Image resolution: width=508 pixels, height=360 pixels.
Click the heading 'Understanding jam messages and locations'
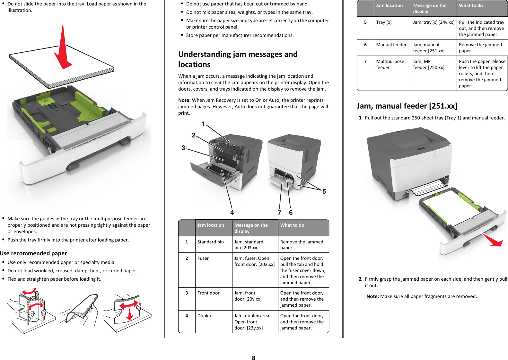point(238,59)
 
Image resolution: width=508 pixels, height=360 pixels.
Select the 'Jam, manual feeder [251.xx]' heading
point(407,106)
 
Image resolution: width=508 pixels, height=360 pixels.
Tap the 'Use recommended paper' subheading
point(33,253)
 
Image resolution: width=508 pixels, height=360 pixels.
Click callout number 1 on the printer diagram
point(203,124)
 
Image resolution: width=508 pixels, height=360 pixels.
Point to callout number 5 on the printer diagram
point(324,191)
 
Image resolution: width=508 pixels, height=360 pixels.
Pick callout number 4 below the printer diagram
point(232,213)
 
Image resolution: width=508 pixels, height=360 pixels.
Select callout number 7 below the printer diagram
point(279,213)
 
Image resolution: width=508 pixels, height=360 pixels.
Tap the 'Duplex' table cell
point(205,316)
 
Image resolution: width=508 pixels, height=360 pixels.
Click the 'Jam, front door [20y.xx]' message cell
point(248,296)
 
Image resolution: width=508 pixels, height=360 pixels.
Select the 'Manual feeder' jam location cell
point(391,45)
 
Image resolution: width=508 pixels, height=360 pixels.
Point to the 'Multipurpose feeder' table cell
point(390,64)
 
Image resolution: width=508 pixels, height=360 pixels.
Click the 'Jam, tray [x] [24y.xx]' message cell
point(434,22)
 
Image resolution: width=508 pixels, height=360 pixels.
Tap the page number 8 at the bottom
point(253,358)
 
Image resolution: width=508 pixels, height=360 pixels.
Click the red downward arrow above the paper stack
point(64,48)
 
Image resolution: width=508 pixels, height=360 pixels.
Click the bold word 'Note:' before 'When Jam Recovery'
point(184,100)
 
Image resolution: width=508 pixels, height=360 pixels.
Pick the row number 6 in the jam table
point(365,45)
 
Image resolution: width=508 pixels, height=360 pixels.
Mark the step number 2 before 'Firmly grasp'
point(360,279)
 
